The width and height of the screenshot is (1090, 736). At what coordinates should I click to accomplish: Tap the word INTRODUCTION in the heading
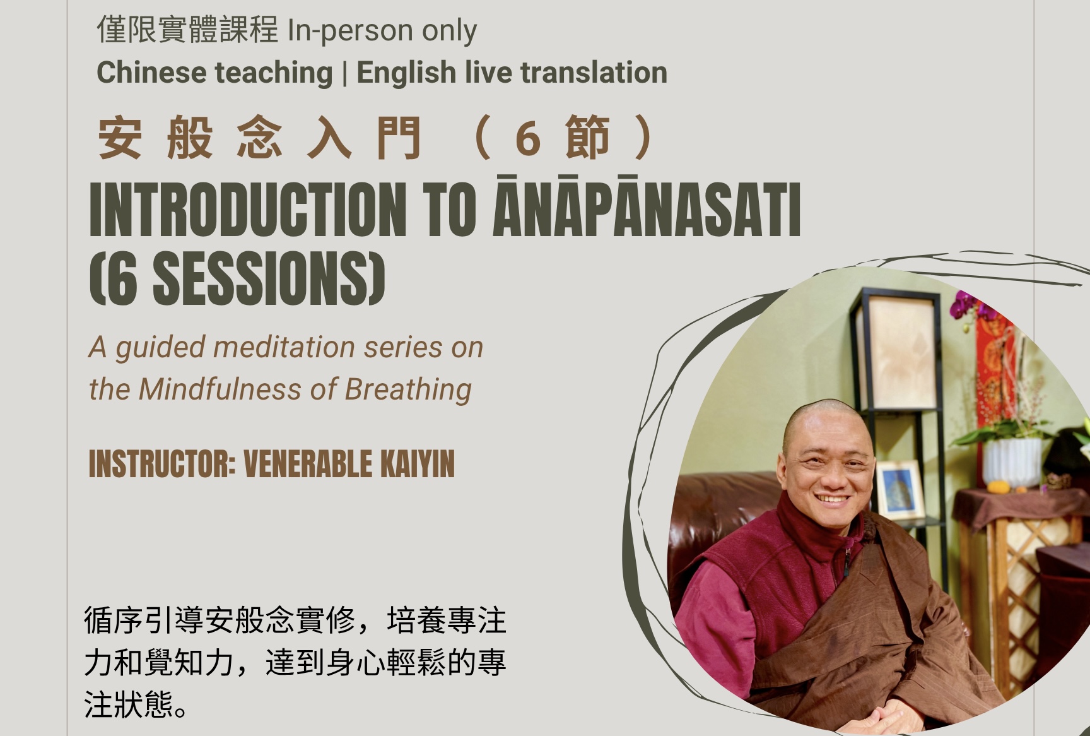click(248, 210)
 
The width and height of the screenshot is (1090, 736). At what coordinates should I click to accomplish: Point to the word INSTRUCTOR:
click(162, 465)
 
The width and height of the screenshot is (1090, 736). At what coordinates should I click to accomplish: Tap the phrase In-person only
click(382, 31)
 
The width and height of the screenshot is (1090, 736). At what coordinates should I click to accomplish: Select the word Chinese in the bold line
click(151, 73)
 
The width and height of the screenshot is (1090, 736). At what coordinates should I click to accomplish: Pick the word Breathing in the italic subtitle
click(408, 390)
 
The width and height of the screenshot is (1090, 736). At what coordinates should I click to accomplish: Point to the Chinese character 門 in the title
click(398, 138)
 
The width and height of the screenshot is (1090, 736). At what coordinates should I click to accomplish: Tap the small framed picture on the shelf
click(900, 490)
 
